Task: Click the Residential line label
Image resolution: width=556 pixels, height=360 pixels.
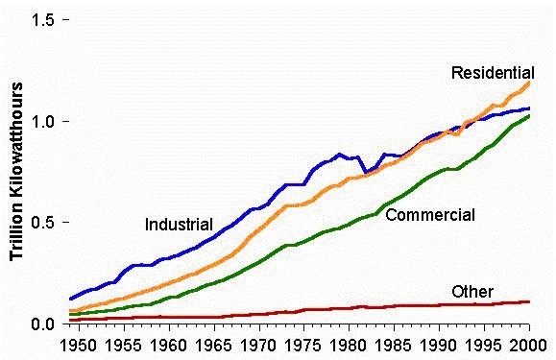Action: pos(493,73)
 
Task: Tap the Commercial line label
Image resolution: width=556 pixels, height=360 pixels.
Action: pos(429,215)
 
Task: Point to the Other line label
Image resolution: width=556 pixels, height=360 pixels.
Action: pos(471,292)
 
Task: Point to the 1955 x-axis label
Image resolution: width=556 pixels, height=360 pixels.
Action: pos(125,344)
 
